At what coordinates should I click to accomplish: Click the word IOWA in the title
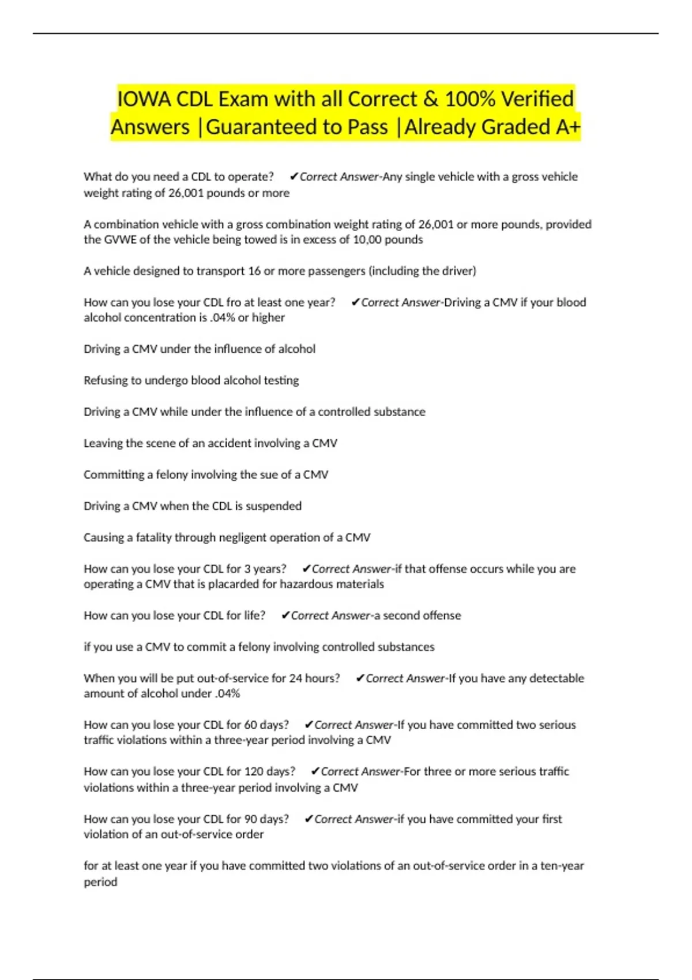(x=144, y=99)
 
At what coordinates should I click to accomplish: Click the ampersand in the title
(x=430, y=99)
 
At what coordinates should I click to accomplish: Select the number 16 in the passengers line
(x=254, y=270)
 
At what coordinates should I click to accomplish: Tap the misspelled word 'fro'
(x=234, y=302)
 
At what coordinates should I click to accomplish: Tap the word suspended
(x=273, y=506)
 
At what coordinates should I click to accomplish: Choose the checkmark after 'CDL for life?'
(x=285, y=615)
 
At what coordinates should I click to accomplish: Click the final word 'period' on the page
(x=100, y=881)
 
